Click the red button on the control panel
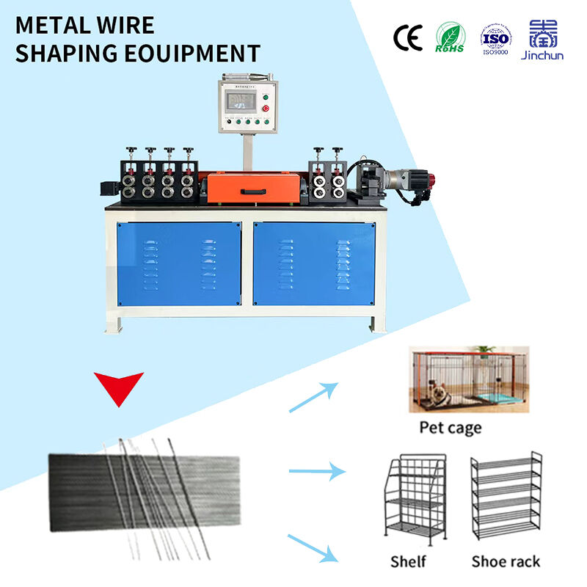point(265,108)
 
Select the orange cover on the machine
point(252,188)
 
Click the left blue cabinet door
point(179,263)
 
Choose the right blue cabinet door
point(314,263)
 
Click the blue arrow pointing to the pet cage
point(313,396)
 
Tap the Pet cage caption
point(451,427)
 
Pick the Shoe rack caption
point(506,561)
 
